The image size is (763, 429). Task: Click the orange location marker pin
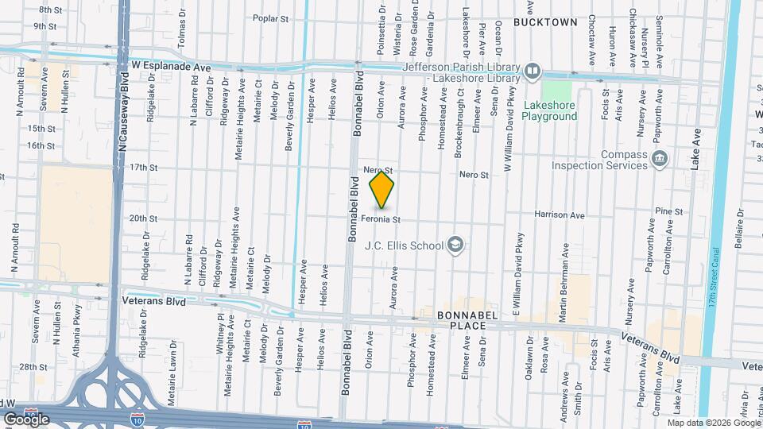click(x=382, y=187)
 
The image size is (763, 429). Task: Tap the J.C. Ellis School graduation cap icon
click(x=455, y=245)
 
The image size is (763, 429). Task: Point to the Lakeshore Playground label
click(x=549, y=110)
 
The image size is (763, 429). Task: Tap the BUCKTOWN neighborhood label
click(x=545, y=22)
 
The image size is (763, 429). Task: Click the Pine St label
click(x=670, y=211)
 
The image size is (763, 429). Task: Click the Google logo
click(x=26, y=419)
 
